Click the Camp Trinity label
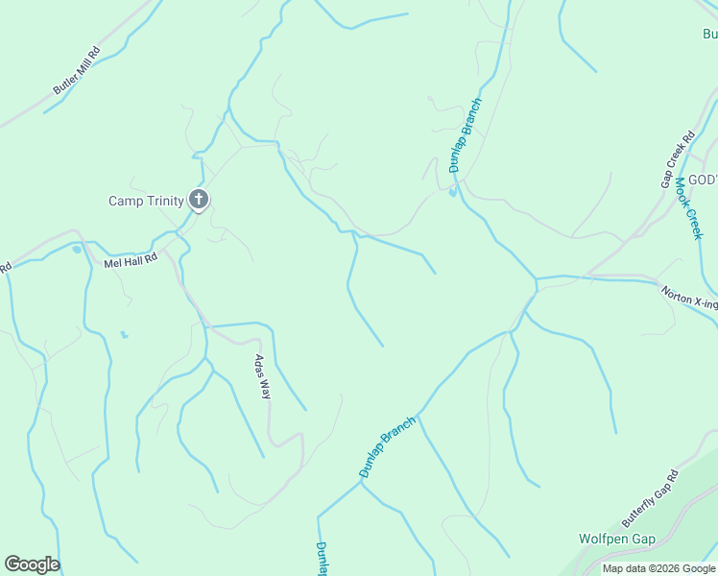tap(146, 201)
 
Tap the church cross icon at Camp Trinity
tap(199, 200)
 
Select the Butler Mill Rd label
tap(77, 70)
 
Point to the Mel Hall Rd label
tap(131, 260)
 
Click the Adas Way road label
tap(259, 375)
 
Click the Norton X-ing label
tap(689, 298)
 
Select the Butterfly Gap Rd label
tap(650, 497)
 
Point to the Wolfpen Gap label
tap(617, 540)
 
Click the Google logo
tap(32, 564)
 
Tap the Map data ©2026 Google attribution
tap(658, 569)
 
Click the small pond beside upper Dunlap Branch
tap(452, 191)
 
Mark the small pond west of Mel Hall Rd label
tap(77, 250)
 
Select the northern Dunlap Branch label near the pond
tap(466, 135)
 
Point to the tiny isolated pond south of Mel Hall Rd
tap(123, 334)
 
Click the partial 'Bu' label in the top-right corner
tap(709, 35)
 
